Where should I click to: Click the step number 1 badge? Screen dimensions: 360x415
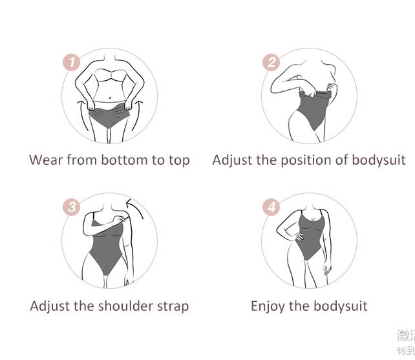(x=71, y=63)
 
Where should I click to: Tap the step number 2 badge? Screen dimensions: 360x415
(x=271, y=63)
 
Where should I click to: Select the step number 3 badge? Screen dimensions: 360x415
(x=71, y=207)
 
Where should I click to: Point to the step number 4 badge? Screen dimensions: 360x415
(x=271, y=207)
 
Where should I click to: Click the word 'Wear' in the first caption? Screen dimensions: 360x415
(x=46, y=160)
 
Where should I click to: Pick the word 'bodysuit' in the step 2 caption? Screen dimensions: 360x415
(x=378, y=160)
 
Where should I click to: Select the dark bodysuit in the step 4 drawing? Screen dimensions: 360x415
(x=309, y=239)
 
